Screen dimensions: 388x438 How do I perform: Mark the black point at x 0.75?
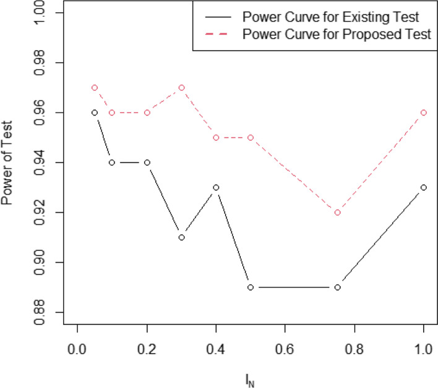[x=337, y=287]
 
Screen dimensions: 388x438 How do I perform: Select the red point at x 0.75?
[x=337, y=213]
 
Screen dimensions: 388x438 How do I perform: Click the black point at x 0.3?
[x=181, y=237]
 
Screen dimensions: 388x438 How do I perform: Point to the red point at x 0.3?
[x=181, y=88]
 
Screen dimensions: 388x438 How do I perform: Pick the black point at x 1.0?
[x=424, y=187]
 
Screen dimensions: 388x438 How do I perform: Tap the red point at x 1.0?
[x=424, y=112]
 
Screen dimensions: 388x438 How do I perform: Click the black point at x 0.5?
[x=251, y=287]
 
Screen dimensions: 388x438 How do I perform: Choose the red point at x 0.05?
[x=95, y=88]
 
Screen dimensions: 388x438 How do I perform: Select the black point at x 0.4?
[x=216, y=187]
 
